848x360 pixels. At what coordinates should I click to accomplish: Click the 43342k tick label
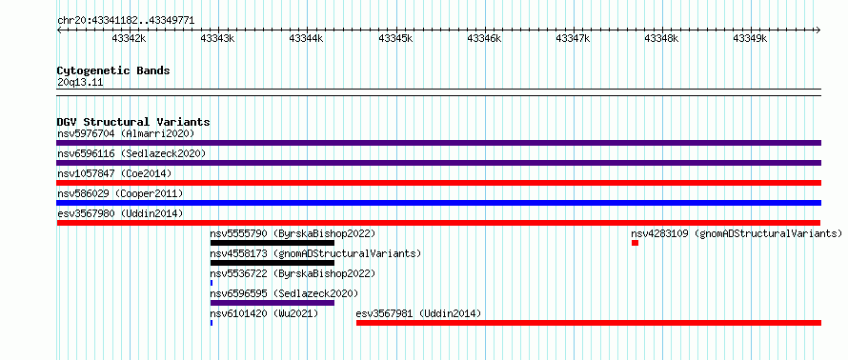[129, 38]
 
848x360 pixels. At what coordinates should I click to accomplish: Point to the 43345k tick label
[395, 38]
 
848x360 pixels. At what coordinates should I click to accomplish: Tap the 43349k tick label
[750, 38]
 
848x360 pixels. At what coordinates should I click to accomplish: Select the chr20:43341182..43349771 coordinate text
[126, 21]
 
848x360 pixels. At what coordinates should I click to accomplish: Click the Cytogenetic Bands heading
[113, 70]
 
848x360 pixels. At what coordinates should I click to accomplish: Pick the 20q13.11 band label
[80, 83]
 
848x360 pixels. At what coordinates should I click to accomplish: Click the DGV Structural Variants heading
[133, 122]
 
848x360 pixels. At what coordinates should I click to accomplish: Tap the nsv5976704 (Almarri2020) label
[126, 133]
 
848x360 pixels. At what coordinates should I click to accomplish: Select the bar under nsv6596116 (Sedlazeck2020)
[438, 163]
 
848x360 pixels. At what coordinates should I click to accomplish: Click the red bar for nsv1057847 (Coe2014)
[438, 183]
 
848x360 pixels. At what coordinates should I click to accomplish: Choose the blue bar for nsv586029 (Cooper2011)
[438, 203]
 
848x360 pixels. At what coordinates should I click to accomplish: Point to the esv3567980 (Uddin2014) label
[120, 213]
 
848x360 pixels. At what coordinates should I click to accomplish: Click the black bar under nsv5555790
[273, 243]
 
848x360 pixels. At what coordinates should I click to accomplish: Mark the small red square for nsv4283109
[635, 243]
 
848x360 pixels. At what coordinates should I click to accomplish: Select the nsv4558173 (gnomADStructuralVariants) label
[315, 253]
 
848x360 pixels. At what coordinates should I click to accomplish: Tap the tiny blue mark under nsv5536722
[212, 283]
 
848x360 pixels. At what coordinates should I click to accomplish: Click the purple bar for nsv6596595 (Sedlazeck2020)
[273, 303]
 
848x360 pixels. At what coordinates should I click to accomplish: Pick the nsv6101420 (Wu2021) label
[264, 313]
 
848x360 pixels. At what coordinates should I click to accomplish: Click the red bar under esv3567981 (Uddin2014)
[589, 323]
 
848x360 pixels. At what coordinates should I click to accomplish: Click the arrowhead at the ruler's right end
[818, 30]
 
